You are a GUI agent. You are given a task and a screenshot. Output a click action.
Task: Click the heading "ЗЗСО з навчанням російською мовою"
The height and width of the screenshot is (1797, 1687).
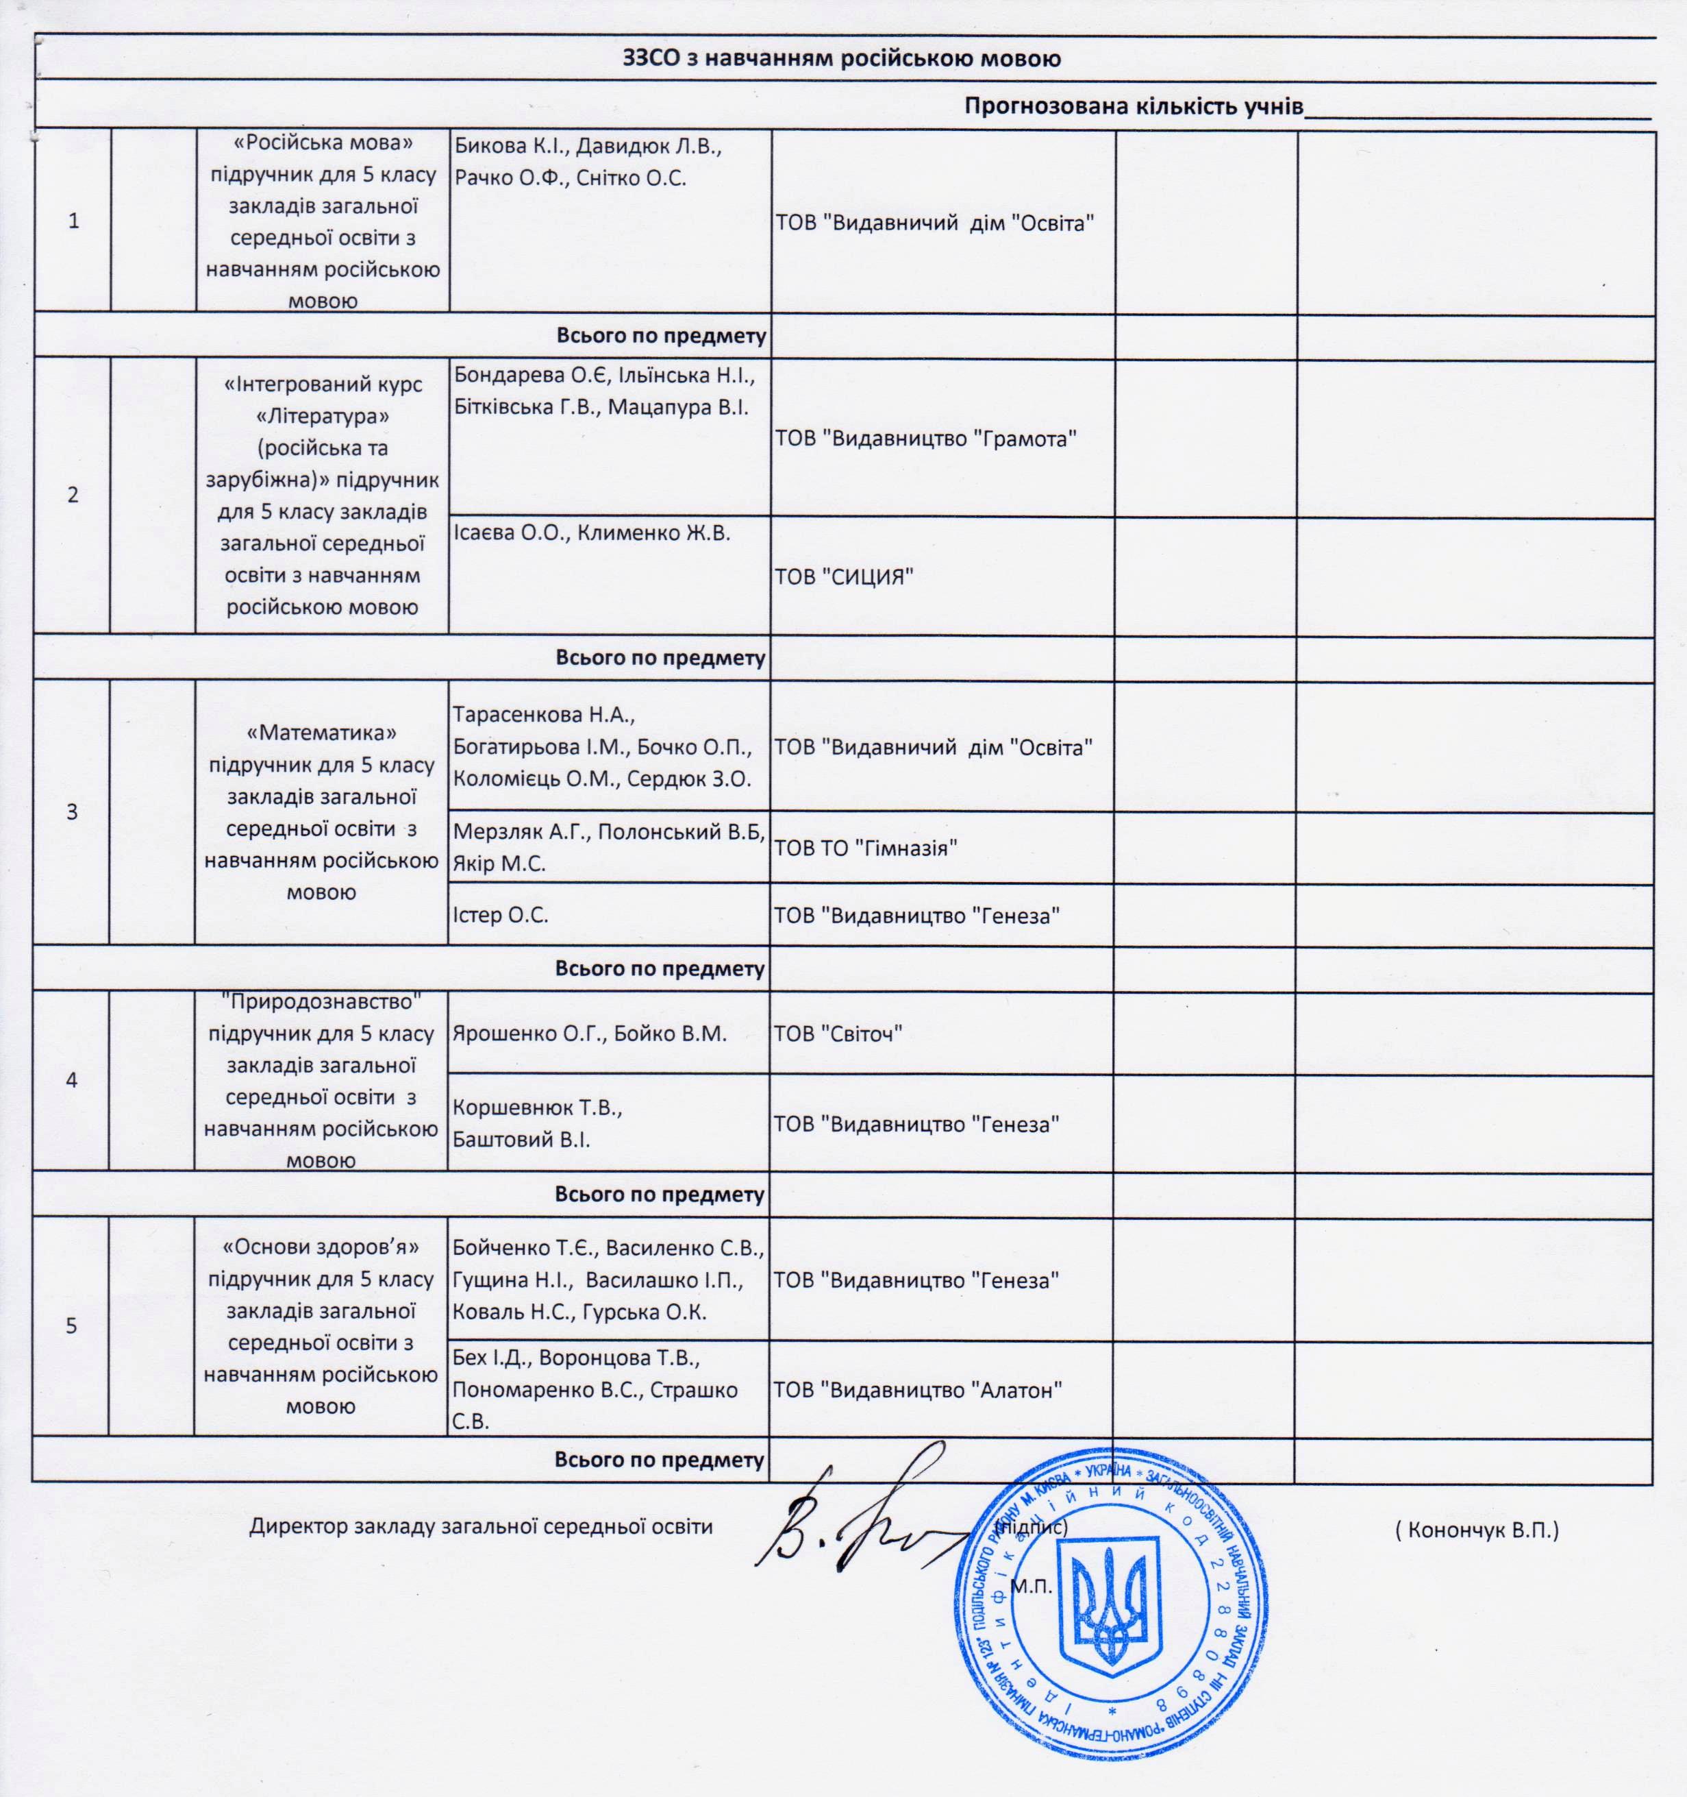[841, 60]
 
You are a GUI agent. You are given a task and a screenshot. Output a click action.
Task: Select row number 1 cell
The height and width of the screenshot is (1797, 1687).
[73, 221]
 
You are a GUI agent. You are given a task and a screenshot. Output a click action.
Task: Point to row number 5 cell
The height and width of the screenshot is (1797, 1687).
[71, 1326]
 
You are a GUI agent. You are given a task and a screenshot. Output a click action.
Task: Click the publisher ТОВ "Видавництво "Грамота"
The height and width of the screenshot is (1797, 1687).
[926, 439]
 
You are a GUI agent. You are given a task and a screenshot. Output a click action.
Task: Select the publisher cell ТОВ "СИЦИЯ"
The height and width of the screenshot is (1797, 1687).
[844, 576]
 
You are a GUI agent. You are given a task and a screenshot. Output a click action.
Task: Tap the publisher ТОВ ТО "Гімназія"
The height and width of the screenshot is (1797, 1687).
[865, 848]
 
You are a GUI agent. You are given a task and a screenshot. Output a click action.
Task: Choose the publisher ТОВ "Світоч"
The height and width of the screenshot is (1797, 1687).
[838, 1034]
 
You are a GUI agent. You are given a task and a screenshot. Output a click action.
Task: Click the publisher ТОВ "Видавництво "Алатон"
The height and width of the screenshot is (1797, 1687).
[917, 1389]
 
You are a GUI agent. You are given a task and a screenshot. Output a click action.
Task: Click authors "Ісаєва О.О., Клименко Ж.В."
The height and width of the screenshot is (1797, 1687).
[592, 533]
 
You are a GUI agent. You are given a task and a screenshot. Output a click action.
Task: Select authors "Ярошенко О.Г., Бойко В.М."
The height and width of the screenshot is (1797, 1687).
[589, 1034]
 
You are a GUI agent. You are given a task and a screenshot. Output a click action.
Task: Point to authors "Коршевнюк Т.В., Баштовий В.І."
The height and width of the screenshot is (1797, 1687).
[538, 1123]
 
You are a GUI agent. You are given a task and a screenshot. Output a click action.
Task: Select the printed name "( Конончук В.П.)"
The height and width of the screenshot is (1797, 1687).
[1477, 1530]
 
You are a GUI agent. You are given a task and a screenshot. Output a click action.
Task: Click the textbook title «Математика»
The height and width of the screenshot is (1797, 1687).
[322, 732]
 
